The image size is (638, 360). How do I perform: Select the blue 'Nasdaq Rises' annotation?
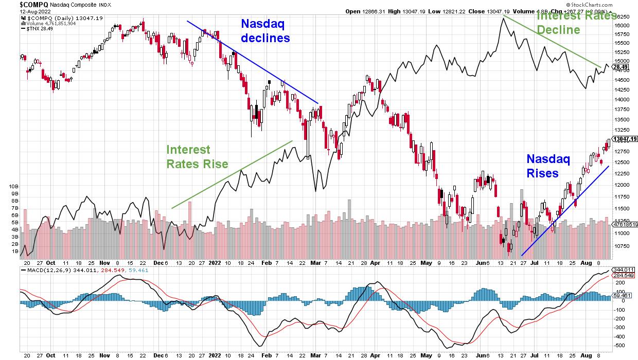pos(548,166)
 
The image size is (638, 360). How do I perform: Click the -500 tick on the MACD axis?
pos(619,345)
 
